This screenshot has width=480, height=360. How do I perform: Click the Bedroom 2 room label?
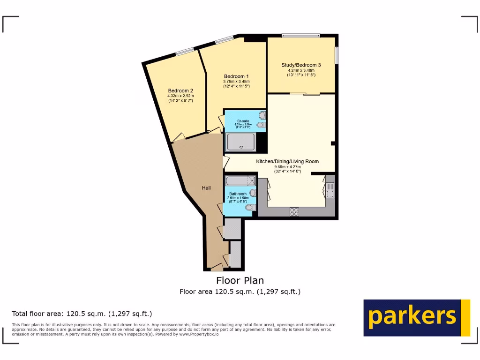click(180, 91)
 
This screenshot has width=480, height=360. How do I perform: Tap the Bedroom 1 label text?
click(236, 76)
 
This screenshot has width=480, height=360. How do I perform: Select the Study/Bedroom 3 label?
click(301, 65)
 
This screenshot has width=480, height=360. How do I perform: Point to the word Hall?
click(206, 188)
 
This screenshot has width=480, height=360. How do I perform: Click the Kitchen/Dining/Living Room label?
click(287, 161)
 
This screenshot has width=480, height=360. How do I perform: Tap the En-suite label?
click(243, 121)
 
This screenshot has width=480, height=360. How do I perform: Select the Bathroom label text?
click(238, 194)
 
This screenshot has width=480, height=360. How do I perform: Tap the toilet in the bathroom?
click(250, 207)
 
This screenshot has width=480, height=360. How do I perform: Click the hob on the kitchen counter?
click(295, 211)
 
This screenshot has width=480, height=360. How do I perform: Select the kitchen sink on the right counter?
click(330, 190)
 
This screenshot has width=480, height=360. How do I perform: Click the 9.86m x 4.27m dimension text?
click(287, 166)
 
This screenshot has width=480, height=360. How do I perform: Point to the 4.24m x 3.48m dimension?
click(301, 70)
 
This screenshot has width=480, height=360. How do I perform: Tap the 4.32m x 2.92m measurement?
click(180, 96)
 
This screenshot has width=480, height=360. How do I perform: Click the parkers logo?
click(416, 317)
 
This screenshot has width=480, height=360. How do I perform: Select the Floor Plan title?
click(240, 280)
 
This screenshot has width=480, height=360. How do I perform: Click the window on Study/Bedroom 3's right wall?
click(337, 55)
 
